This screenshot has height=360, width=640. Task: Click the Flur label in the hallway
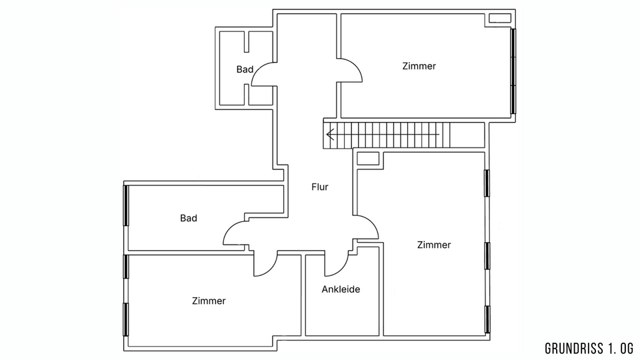(319, 187)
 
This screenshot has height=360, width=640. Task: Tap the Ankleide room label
(341, 289)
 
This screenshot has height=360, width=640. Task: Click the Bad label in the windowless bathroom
(245, 69)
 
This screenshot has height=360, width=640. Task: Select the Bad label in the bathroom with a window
(189, 219)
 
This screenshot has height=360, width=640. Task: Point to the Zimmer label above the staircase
(419, 66)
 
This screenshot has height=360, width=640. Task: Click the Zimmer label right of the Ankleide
(434, 245)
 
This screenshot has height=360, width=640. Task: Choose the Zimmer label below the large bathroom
(209, 301)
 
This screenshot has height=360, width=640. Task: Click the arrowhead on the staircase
(330, 134)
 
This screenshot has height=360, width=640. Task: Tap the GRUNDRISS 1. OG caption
(589, 349)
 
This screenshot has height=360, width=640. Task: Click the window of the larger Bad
(126, 205)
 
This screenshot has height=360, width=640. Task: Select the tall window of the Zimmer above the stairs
(513, 71)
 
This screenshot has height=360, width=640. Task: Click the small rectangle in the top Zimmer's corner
(500, 19)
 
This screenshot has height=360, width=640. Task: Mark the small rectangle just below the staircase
(368, 159)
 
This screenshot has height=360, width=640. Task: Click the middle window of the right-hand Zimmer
(487, 256)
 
